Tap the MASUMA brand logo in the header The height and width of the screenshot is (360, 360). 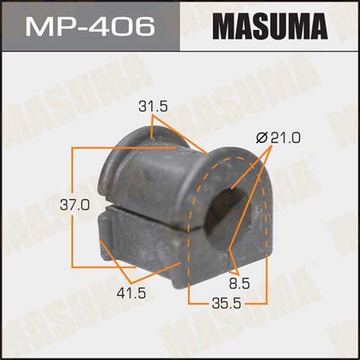tap(270, 27)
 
